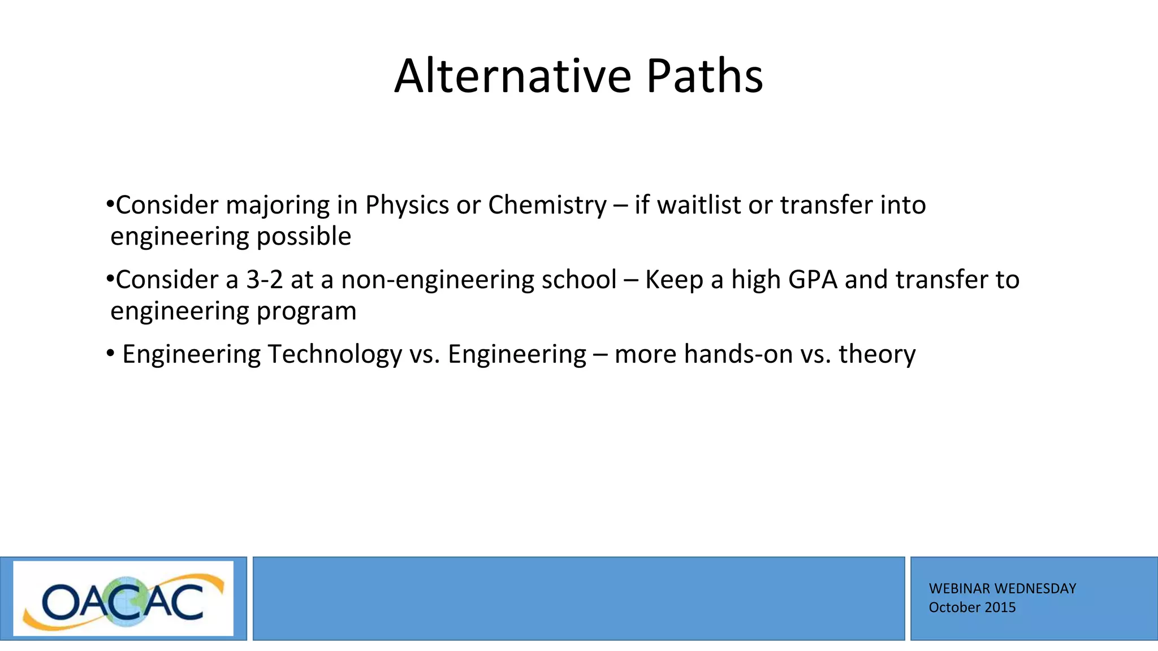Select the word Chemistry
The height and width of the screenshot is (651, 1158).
point(547,205)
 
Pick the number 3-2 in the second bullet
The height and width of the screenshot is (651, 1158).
point(265,280)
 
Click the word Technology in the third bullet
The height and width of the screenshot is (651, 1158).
point(334,355)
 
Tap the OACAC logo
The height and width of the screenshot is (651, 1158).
point(123,598)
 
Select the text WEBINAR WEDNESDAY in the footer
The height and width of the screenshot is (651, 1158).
point(1002,588)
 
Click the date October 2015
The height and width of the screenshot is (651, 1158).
point(972,607)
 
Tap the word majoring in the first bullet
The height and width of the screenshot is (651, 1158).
point(278,206)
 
